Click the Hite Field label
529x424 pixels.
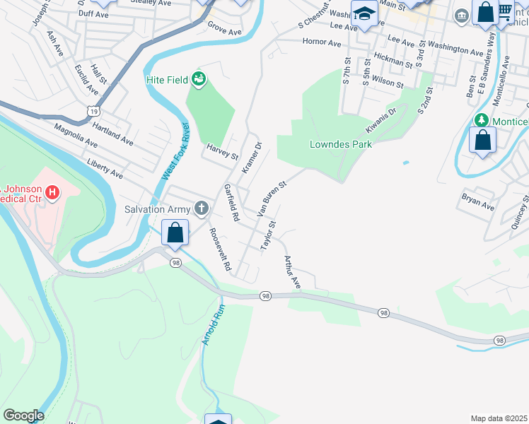[x=167, y=80]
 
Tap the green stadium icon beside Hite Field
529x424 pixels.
[x=199, y=80]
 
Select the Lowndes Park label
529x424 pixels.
[x=341, y=144]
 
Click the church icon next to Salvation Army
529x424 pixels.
[x=202, y=208]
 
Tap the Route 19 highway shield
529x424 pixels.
[x=92, y=110]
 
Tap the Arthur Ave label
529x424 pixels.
[x=293, y=273]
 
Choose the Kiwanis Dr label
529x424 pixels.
[x=381, y=120]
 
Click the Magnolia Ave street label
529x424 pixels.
[x=76, y=136]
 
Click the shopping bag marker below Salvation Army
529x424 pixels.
[x=175, y=232]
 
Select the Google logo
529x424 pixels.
[x=23, y=416]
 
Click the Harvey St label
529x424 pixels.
[x=222, y=151]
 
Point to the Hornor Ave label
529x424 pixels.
[x=322, y=42]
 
